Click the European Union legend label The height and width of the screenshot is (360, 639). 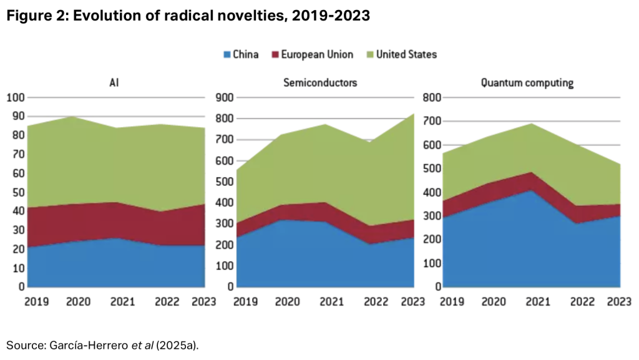316,54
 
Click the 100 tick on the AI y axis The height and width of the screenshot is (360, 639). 16,97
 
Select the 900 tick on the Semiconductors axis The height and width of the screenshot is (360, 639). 224,97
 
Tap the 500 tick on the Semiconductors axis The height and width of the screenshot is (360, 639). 224,182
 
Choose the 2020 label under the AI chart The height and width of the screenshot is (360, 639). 79,302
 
